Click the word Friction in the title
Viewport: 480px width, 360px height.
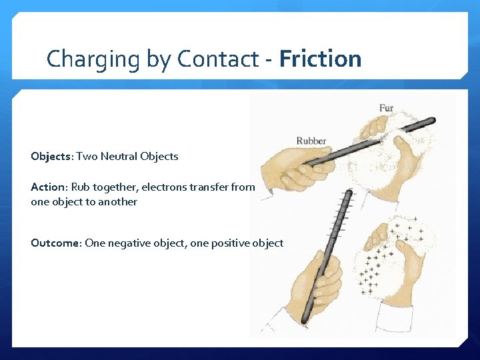pyautogui.click(x=321, y=59)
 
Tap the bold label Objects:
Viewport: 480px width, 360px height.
pyautogui.click(x=51, y=157)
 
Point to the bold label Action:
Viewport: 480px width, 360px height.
pyautogui.click(x=48, y=187)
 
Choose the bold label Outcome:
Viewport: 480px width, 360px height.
pyautogui.click(x=56, y=243)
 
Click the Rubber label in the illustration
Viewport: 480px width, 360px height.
pyautogui.click(x=311, y=141)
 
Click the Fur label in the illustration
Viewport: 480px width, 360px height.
pyautogui.click(x=386, y=107)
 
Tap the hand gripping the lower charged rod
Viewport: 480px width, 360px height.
pyautogui.click(x=319, y=280)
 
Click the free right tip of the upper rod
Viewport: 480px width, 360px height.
pyautogui.click(x=431, y=121)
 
